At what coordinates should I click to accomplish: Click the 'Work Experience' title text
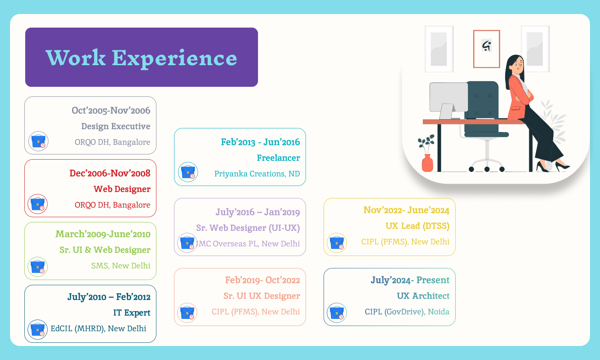(141, 58)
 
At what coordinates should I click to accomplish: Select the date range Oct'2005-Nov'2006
(111, 110)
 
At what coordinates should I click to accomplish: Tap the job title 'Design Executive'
(116, 126)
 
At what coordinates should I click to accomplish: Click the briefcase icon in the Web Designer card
(38, 204)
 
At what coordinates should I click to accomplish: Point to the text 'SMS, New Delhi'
(120, 266)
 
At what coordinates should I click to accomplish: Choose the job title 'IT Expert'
(132, 313)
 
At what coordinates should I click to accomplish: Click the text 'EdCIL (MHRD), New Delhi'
(98, 328)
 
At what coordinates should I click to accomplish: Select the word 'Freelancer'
(278, 158)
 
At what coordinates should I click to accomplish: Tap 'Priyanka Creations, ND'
(257, 174)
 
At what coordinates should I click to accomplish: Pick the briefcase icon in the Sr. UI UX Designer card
(187, 313)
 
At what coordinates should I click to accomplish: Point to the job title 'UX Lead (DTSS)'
(417, 226)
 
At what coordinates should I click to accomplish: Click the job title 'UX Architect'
(423, 296)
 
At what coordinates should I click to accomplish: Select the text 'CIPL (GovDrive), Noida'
(407, 312)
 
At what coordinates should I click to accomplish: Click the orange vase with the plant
(428, 162)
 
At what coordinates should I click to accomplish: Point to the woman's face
(518, 64)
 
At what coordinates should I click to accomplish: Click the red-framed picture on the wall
(486, 49)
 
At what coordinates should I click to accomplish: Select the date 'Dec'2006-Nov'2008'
(110, 173)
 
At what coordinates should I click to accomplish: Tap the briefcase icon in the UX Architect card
(337, 313)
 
